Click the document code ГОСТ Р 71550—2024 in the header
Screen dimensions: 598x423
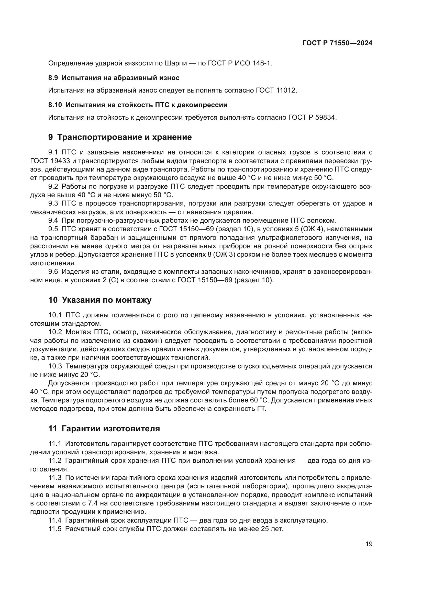tap(337, 43)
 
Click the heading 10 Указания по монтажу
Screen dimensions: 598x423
tap(100, 300)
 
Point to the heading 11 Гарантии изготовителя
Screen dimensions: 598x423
tap(104, 428)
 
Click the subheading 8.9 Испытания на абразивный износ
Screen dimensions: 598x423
tap(114, 78)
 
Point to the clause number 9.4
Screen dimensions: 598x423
tap(53, 221)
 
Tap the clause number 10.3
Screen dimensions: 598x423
tap(55, 366)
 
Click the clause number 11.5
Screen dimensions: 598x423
tap(55, 529)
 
